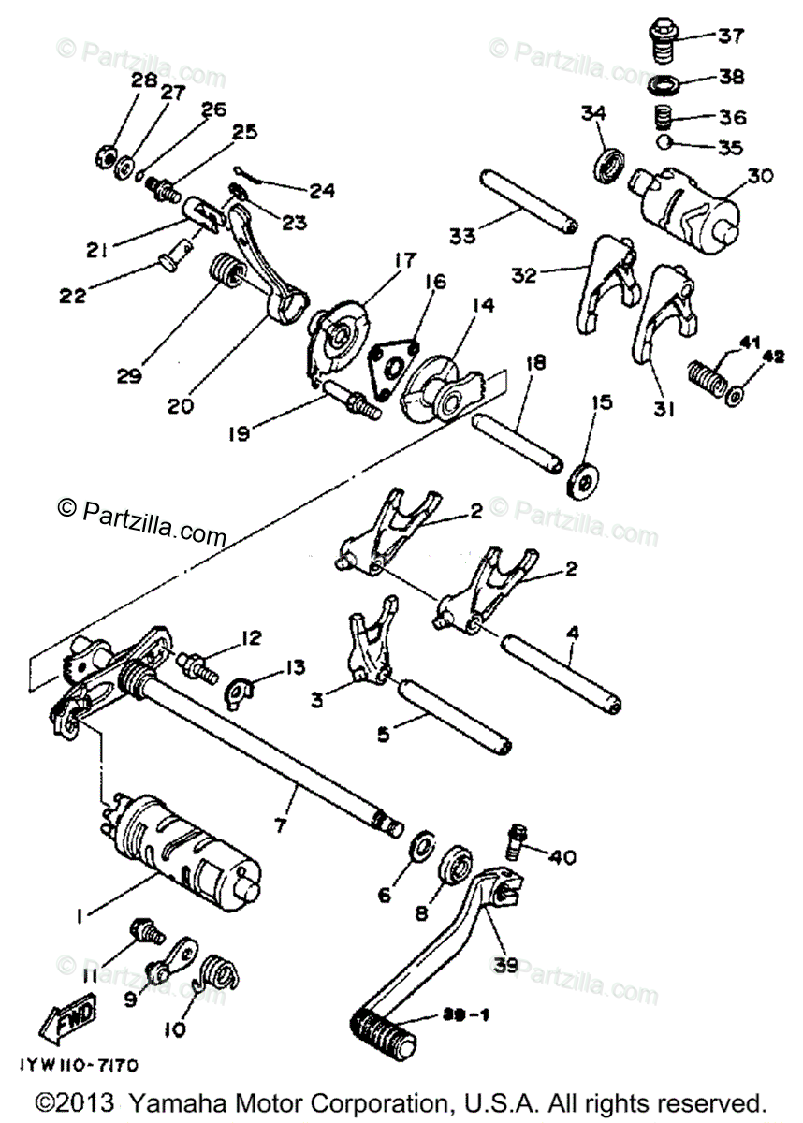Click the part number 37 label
tap(730, 36)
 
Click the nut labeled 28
tap(106, 156)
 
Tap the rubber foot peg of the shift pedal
tap(382, 1020)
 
